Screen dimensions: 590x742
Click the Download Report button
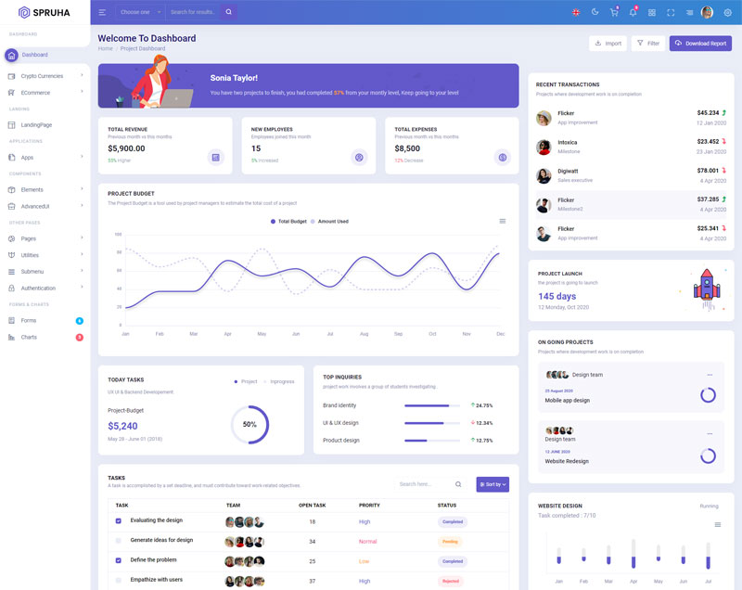(700, 44)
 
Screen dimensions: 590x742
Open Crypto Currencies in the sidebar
(43, 76)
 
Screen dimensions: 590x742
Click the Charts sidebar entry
(29, 337)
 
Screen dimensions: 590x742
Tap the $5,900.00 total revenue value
(126, 148)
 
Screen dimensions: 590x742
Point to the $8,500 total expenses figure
(407, 148)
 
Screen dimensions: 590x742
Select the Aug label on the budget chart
(364, 333)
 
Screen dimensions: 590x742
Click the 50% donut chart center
(249, 424)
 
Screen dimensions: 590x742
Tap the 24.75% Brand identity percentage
(483, 405)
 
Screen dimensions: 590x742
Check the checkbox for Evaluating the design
(118, 521)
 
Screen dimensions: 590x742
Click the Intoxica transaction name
(568, 142)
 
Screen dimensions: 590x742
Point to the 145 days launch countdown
(557, 296)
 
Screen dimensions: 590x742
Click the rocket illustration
(707, 286)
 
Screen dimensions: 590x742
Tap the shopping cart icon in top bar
(614, 12)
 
